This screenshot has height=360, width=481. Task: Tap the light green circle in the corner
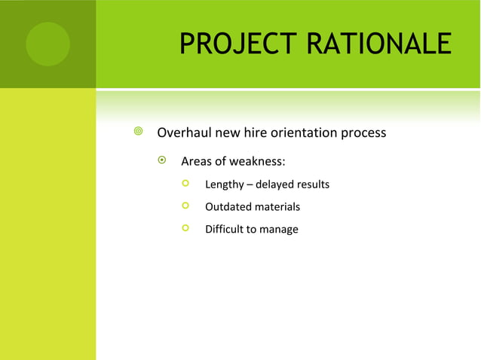coord(47,44)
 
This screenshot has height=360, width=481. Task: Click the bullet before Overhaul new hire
coord(137,133)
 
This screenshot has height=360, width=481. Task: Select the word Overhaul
coord(184,133)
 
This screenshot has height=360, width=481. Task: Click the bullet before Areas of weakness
coord(161,161)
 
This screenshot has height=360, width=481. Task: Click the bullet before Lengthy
coord(185,184)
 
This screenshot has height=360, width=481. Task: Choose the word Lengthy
coord(224,185)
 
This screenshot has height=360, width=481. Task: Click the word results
coord(314,185)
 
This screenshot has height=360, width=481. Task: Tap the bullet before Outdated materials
coord(185,206)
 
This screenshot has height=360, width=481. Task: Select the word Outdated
coord(228,207)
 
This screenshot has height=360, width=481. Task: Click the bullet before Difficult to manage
coord(185,228)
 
